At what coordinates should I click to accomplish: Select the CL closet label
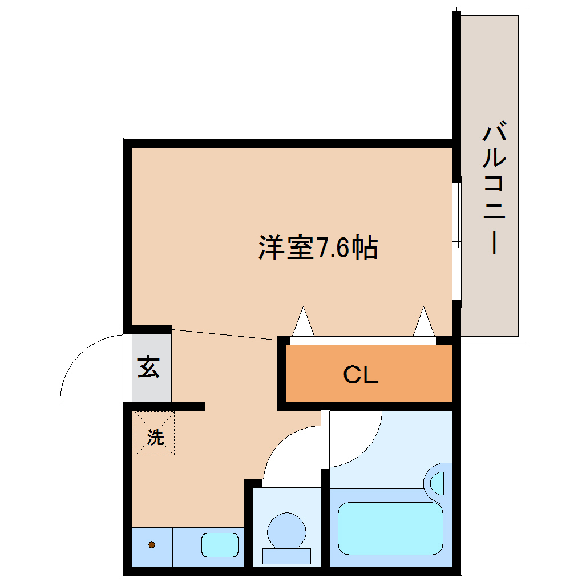361,375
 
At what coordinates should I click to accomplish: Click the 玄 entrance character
148,367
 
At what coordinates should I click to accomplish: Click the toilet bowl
286,531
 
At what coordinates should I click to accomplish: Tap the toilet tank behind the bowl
286,555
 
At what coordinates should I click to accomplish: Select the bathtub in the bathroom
390,528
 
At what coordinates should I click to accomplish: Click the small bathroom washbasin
438,483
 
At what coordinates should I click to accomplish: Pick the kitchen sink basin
220,544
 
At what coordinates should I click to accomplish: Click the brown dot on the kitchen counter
152,544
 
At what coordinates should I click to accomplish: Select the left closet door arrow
302,323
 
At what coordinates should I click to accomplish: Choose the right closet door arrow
423,323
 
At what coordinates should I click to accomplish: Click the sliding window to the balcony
456,241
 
